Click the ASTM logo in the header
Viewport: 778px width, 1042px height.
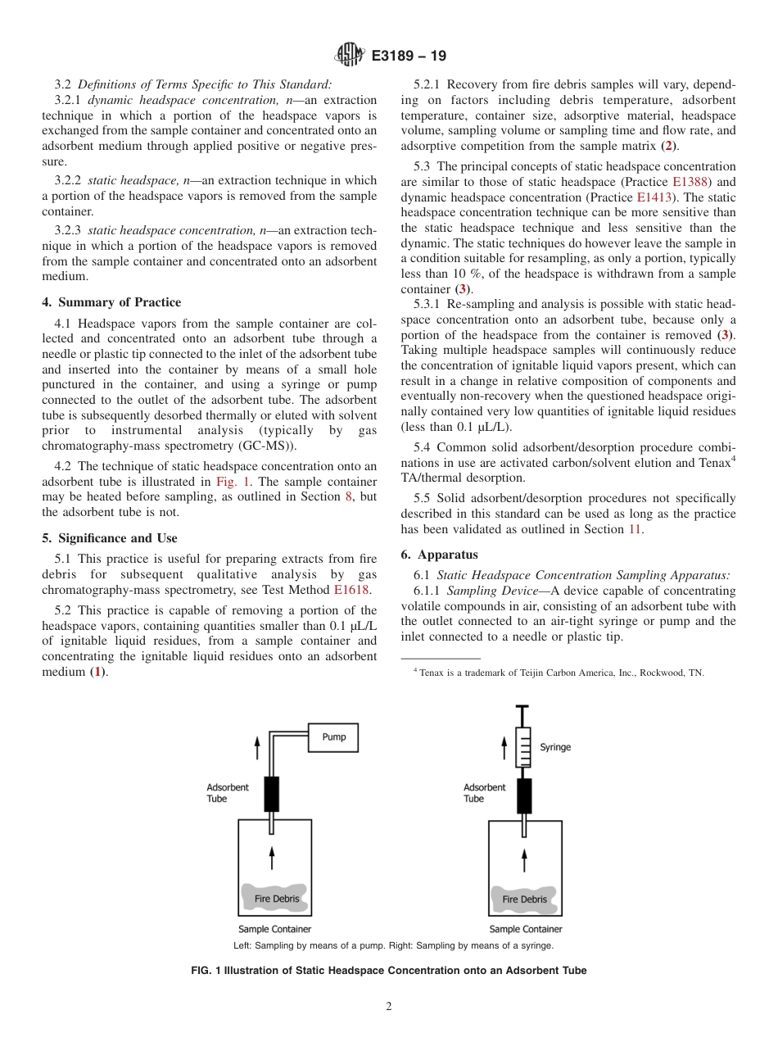coord(350,57)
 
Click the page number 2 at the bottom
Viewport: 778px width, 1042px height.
coord(389,1007)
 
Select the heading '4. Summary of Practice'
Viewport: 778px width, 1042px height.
coord(111,302)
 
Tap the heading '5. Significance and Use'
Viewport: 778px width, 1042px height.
coord(109,538)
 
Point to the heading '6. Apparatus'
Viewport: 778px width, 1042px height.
coord(439,555)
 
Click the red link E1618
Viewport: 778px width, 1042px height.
coord(352,589)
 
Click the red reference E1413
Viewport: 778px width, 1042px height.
coord(653,197)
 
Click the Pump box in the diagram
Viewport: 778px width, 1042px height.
coord(333,737)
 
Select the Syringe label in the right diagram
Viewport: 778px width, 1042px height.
coord(555,747)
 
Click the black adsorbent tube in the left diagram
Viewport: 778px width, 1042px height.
coord(271,794)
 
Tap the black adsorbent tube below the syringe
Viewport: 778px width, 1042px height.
coord(523,795)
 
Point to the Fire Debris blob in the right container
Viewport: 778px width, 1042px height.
coord(525,899)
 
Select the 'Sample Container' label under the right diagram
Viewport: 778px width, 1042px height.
coord(526,929)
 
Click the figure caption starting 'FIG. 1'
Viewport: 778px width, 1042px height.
coord(389,971)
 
